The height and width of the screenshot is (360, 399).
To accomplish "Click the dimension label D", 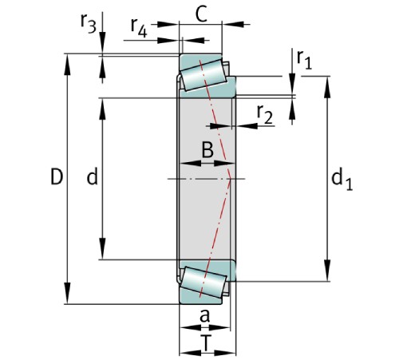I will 55,177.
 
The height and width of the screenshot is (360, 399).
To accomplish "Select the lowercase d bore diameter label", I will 92,178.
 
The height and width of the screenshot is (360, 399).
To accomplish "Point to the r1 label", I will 302,58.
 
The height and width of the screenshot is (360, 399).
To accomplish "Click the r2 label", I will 265,116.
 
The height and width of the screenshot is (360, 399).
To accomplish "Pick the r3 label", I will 89,25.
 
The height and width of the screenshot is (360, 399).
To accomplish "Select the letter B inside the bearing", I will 206,149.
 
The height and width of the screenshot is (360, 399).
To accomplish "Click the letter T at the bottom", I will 207,343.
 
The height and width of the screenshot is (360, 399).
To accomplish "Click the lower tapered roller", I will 204,280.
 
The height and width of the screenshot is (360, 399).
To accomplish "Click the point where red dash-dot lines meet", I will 231,177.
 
